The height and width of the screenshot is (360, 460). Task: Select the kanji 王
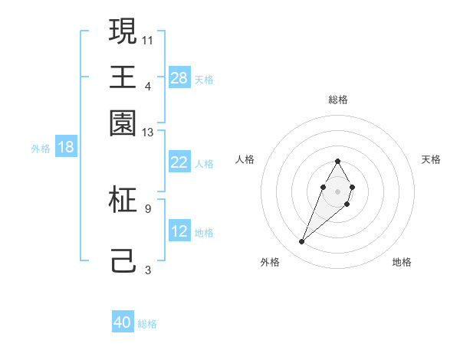coord(123,77)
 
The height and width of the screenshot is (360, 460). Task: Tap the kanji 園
coord(123,123)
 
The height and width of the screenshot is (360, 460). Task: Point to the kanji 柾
coord(123,199)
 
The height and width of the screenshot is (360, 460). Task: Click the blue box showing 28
coord(179,77)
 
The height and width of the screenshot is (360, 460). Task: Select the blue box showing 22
coord(179,162)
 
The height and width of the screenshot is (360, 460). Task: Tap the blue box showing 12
coord(179,231)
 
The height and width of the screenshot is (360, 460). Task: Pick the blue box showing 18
coord(66,147)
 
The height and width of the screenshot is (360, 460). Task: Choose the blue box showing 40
coord(123,322)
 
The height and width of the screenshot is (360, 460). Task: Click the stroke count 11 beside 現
coord(148,39)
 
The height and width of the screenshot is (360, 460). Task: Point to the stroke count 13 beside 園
coord(148,133)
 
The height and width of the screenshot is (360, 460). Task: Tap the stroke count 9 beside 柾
coord(148,208)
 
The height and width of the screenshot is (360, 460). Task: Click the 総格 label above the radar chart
coord(337,100)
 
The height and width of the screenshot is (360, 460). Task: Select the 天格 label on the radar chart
coord(431,159)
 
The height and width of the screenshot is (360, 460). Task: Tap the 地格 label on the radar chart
coord(402,262)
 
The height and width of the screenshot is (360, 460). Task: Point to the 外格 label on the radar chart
coord(270,262)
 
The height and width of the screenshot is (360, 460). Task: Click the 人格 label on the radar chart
coord(245,159)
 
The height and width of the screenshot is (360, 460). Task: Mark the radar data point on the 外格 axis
coord(302,242)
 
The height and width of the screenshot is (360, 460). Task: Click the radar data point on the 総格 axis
coord(337,161)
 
